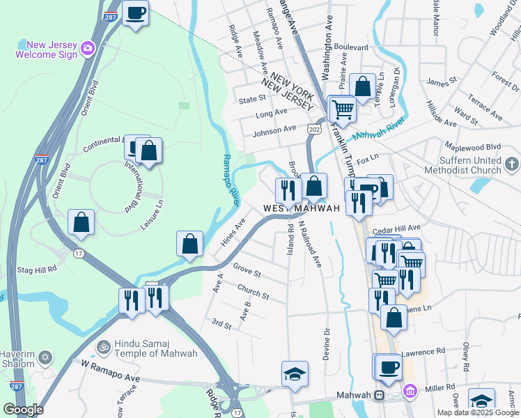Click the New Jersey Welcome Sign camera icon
pyautogui.click(x=88, y=47)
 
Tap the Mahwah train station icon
pyautogui.click(x=379, y=395)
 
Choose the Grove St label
pyautogui.click(x=247, y=268)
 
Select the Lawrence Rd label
pyautogui.click(x=421, y=353)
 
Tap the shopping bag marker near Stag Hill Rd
pyautogui.click(x=81, y=222)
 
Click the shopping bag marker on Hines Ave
pyautogui.click(x=189, y=244)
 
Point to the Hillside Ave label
pyautogui.click(x=440, y=115)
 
